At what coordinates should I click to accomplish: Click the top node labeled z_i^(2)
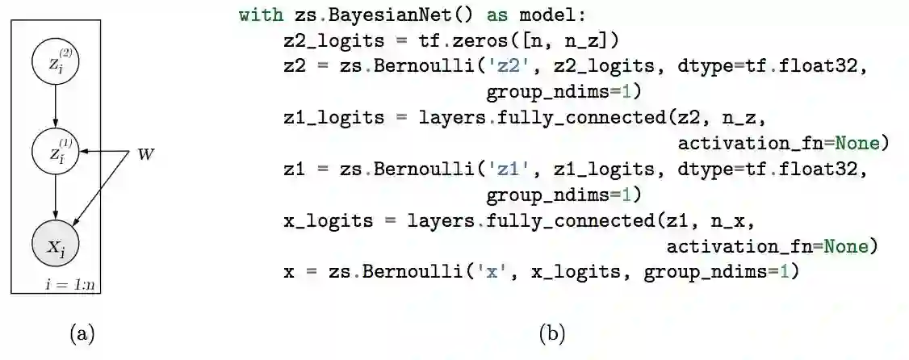[x=55, y=64]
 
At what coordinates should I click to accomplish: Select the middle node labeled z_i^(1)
[x=55, y=152]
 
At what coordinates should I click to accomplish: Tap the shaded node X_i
[x=55, y=245]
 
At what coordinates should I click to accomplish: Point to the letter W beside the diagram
[x=145, y=153]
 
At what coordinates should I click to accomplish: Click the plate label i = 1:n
[x=71, y=284]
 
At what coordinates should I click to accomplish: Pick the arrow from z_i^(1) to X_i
[x=55, y=198]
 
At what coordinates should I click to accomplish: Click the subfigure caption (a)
[x=82, y=333]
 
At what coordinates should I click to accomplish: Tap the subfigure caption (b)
[x=552, y=333]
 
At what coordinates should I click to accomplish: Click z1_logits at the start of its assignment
[x=333, y=118]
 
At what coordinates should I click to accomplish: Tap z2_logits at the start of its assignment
[x=333, y=40]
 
